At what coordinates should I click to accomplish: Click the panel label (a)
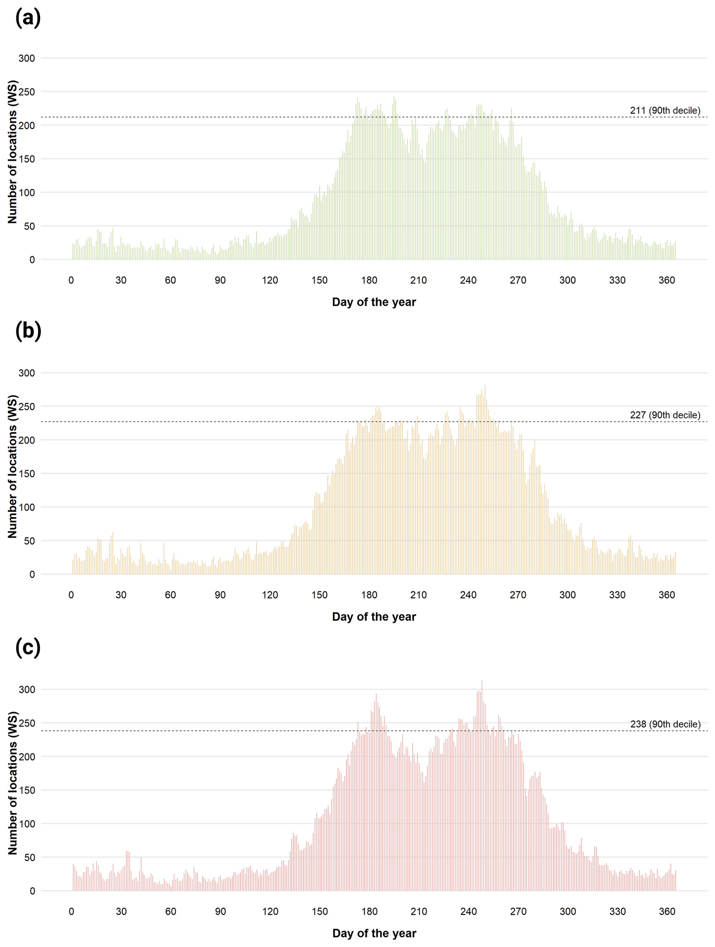28,19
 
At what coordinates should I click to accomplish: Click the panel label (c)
28,647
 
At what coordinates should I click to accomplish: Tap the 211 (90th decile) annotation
665,110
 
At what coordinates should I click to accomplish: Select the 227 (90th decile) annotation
665,415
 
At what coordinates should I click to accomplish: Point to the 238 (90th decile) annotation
665,724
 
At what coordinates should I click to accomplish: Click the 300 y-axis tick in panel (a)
26,58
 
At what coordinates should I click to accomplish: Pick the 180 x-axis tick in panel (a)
369,280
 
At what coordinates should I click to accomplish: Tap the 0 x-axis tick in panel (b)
71,595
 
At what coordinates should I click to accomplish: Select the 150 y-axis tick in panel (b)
26,474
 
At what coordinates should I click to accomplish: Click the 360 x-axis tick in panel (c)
667,911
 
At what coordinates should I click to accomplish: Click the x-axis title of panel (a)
374,302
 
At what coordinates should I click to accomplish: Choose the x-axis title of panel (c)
374,933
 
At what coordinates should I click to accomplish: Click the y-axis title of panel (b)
12,467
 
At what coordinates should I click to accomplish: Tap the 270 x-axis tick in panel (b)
518,595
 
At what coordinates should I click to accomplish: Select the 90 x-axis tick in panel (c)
220,911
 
